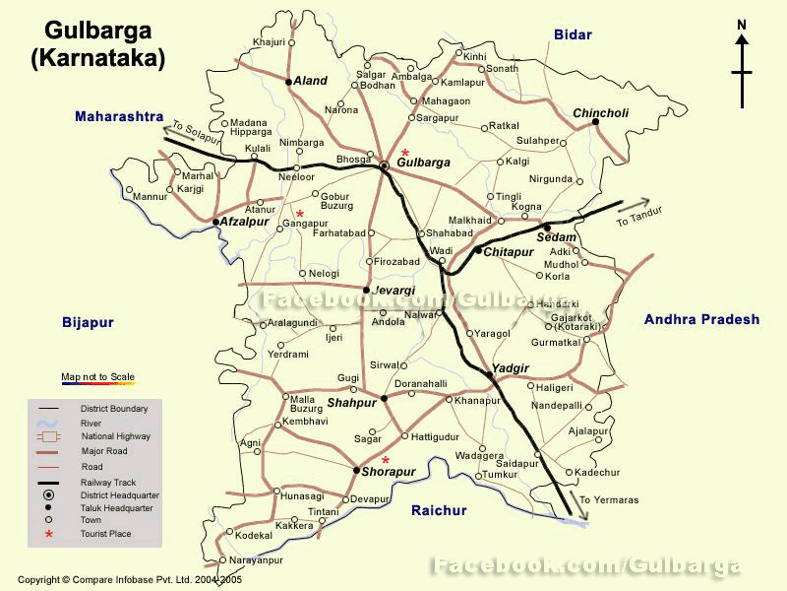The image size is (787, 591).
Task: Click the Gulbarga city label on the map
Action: (x=423, y=163)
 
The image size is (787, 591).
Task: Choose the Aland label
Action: (x=310, y=82)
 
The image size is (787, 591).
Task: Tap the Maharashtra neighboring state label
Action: (x=119, y=116)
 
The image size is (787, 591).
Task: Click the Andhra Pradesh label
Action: (x=701, y=319)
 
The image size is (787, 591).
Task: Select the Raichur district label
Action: (x=439, y=510)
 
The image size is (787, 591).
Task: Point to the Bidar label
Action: (x=573, y=34)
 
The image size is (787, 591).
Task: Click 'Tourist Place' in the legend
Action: (x=106, y=534)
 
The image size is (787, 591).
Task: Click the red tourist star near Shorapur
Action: (x=386, y=460)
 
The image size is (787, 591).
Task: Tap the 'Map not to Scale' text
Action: (x=95, y=376)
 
